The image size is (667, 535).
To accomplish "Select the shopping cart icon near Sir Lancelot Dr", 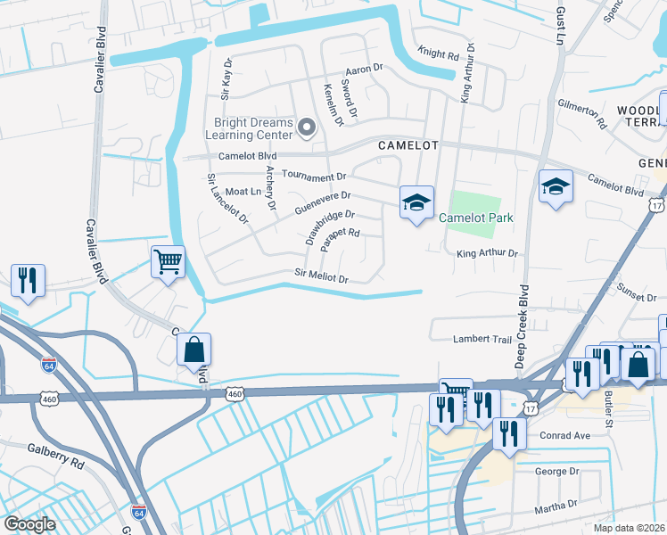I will pos(168,262).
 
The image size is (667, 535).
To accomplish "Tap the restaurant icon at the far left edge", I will pos(28,279).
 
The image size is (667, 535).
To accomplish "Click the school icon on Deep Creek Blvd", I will pos(556,186).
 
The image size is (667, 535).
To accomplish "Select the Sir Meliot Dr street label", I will pos(321,277).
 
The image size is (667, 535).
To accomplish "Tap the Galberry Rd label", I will pos(55,451).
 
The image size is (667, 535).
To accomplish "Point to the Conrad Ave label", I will pos(565,436).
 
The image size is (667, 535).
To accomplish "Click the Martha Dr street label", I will pos(557,506).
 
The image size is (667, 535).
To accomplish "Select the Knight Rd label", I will pos(439,54).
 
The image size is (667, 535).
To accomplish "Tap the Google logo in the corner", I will pos(29,524).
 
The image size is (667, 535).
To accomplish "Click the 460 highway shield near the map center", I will pos(235,393).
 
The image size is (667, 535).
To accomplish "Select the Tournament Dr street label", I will pos(313,177).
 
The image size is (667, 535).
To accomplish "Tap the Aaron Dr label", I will pos(364,68).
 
